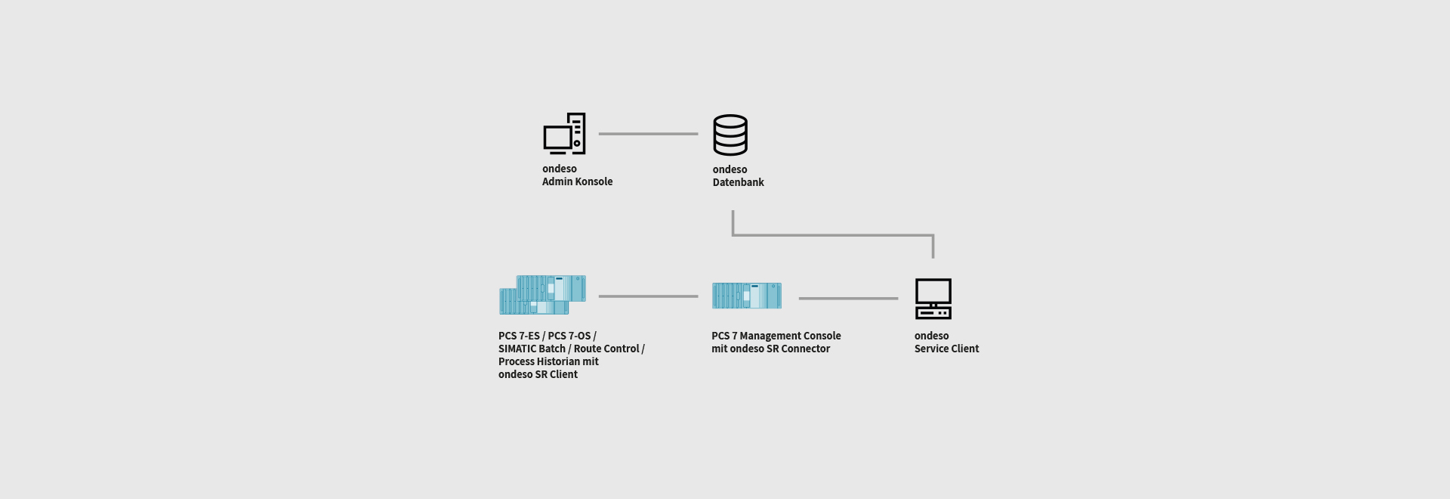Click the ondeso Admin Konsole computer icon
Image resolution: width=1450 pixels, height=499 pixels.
tap(563, 135)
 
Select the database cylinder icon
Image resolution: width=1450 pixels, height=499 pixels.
tap(730, 135)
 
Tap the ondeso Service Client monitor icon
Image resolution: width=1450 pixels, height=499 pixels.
tap(933, 299)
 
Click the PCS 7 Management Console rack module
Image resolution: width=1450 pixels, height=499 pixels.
tap(747, 296)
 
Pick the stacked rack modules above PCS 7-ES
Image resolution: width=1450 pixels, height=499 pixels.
tap(542, 295)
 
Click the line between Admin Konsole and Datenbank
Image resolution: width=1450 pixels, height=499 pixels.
tap(648, 134)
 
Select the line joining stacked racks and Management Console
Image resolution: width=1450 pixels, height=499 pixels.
tap(648, 296)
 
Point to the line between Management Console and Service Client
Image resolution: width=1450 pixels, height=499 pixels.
tap(848, 299)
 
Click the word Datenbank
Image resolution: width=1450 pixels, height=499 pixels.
tap(738, 182)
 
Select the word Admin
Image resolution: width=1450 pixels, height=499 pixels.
tap(557, 181)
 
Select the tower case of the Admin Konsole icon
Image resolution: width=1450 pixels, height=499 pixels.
tap(577, 133)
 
